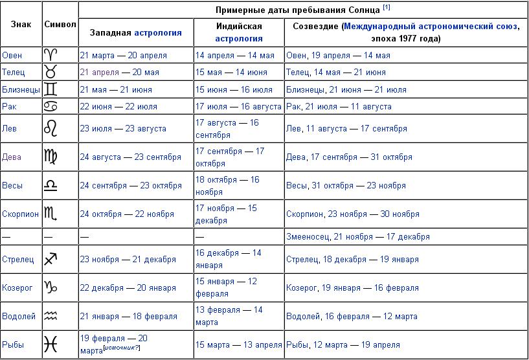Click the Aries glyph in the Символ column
tap(51, 55)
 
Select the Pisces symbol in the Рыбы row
tap(51, 344)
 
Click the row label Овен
tap(12, 55)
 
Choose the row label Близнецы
tap(21, 89)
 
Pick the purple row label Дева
tap(12, 157)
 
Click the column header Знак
tap(21, 23)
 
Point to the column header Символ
tap(60, 23)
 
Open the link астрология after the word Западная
tap(158, 32)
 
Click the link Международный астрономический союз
tap(431, 27)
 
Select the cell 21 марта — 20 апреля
tap(123, 55)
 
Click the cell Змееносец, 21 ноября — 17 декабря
tap(358, 236)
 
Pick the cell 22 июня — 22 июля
tap(118, 106)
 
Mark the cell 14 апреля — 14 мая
tap(234, 55)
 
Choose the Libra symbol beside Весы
tap(51, 185)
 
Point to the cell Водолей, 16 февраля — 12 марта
tap(352, 317)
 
